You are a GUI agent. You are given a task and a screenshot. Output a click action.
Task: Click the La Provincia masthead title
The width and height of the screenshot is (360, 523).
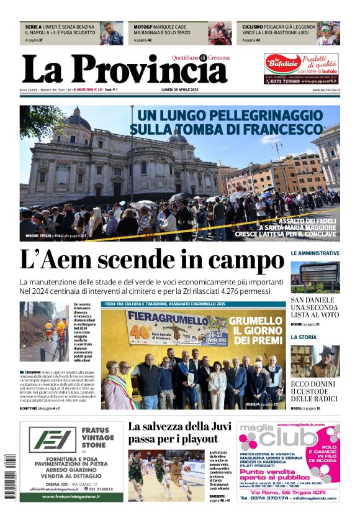(124, 70)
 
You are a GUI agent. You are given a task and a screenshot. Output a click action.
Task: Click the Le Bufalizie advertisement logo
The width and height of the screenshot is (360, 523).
(279, 64)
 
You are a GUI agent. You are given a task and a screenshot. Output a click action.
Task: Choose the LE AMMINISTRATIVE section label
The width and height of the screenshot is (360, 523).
(315, 253)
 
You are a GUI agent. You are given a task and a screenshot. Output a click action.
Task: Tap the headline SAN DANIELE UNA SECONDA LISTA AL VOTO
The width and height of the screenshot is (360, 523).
(315, 307)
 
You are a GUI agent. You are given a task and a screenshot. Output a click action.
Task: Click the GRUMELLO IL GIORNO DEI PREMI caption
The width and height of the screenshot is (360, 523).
(256, 330)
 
